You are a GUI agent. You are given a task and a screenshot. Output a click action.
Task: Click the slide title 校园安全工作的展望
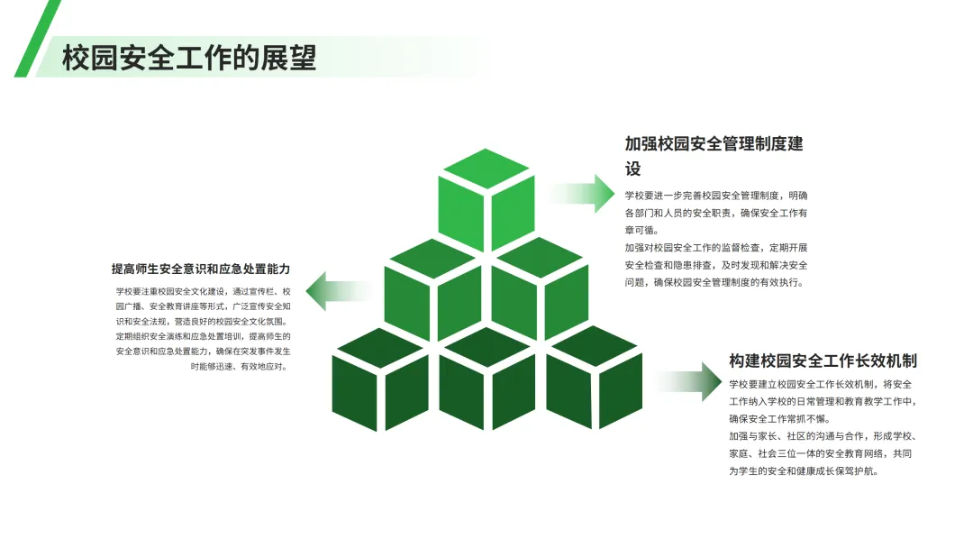click(189, 59)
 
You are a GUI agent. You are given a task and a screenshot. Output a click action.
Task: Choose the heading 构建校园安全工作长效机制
click(823, 361)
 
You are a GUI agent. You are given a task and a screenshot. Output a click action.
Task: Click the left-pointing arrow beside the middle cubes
click(338, 290)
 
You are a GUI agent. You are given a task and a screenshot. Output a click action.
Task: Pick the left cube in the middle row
click(432, 287)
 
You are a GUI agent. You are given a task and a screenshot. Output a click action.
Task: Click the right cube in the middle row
click(541, 287)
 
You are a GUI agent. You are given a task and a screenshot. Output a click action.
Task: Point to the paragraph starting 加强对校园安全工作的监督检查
click(716, 265)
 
